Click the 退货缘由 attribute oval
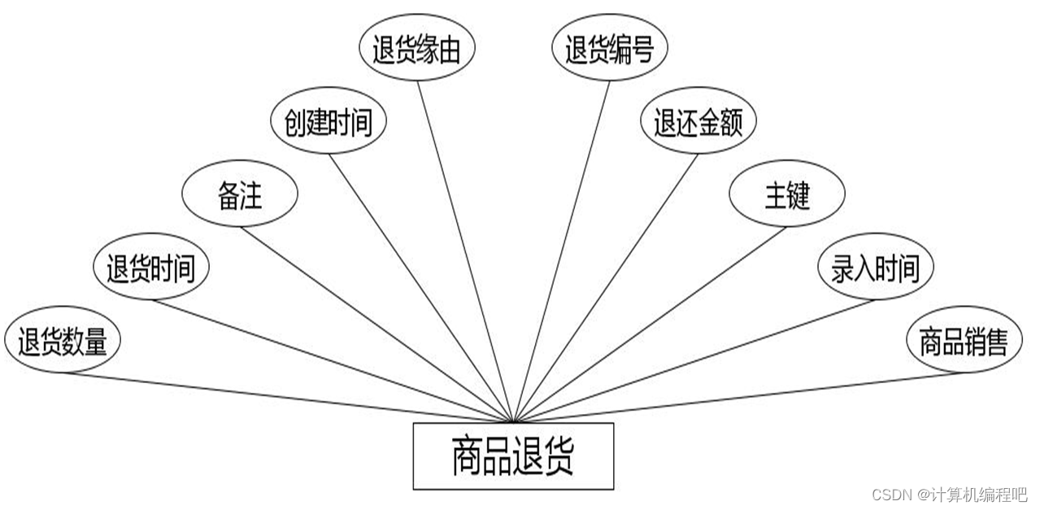(417, 50)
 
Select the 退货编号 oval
(610, 50)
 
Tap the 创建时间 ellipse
(328, 122)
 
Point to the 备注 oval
(240, 195)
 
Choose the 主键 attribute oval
(787, 195)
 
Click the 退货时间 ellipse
(151, 268)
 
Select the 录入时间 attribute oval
(875, 268)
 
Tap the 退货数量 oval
(63, 341)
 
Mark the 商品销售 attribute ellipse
(964, 341)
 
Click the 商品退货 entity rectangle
(513, 456)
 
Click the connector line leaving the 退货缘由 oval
(465, 252)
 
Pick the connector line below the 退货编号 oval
(562, 252)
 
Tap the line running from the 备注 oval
(376, 325)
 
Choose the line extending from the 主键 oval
(651, 325)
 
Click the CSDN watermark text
(949, 495)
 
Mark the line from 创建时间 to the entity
(420, 288)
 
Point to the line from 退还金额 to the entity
(606, 288)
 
